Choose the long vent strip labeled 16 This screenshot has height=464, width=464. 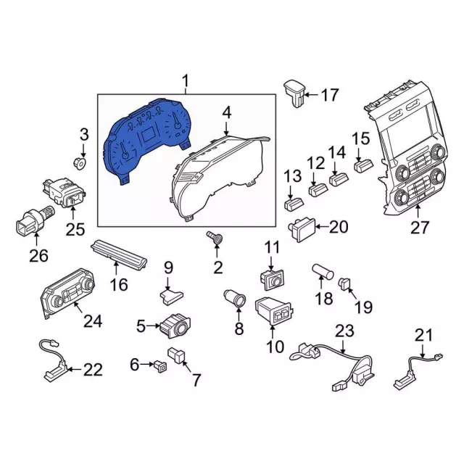tap(120, 257)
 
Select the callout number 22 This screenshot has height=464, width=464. tap(93, 370)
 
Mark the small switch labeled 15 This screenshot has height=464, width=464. tap(363, 166)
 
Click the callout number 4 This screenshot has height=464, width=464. tap(227, 113)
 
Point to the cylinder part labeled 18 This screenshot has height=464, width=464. tap(321, 273)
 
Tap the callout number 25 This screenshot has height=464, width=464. tap(75, 231)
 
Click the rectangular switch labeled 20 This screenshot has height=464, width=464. tap(301, 229)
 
